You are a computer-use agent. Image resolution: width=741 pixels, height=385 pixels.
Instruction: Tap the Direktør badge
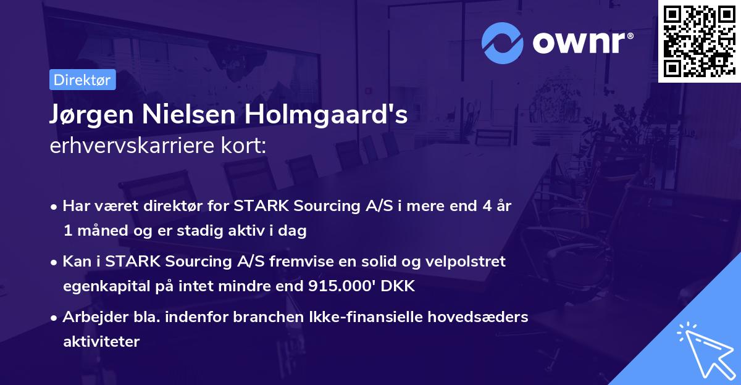(82, 80)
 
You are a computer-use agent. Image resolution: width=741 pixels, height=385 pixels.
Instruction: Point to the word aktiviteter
(101, 341)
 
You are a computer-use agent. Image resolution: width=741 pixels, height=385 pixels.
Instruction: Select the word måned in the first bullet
(98, 231)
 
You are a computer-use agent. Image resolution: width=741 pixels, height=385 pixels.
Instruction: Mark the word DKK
(399, 286)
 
